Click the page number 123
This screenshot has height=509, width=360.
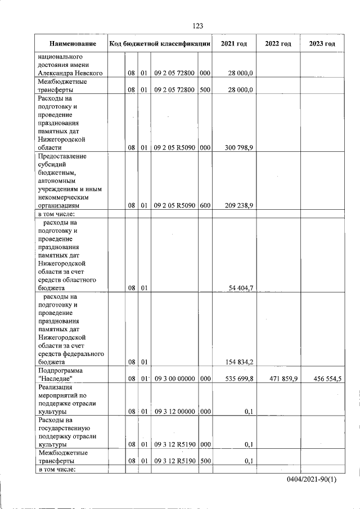click(197, 26)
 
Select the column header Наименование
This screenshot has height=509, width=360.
click(72, 44)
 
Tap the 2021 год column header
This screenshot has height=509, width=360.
click(234, 44)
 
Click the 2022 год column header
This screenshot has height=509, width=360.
click(278, 44)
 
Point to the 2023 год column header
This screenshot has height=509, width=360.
click(322, 44)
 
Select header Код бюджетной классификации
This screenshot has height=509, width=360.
click(160, 44)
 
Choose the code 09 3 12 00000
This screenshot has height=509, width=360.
click(174, 412)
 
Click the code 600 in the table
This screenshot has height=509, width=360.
click(205, 206)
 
